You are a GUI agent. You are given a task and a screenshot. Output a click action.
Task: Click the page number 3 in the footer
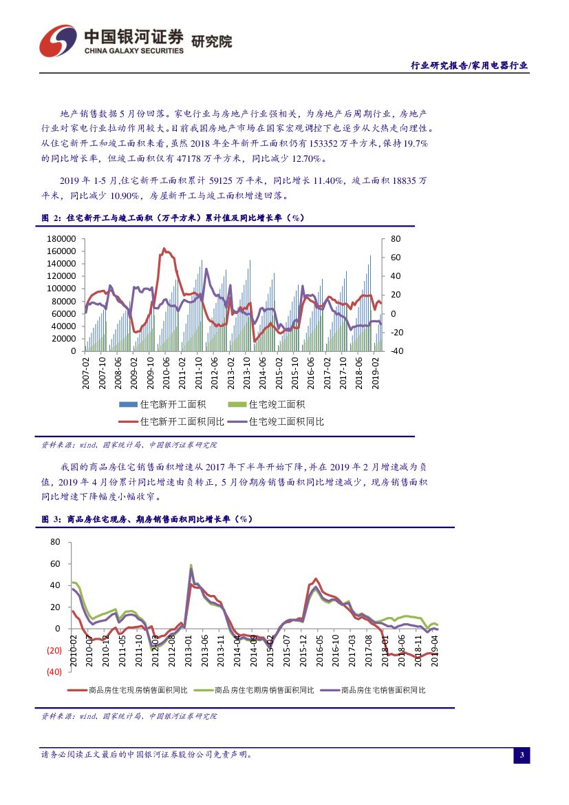(522, 755)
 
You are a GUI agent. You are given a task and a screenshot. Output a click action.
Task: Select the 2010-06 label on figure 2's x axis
(165, 373)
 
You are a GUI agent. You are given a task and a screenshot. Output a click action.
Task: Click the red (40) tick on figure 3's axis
(52, 672)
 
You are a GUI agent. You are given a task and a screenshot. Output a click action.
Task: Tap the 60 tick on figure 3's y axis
(56, 564)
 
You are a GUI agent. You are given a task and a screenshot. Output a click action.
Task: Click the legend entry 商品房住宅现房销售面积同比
(129, 689)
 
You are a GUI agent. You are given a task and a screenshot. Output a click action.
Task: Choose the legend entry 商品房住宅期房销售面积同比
(255, 689)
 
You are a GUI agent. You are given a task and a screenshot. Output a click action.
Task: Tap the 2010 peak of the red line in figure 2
(164, 249)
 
